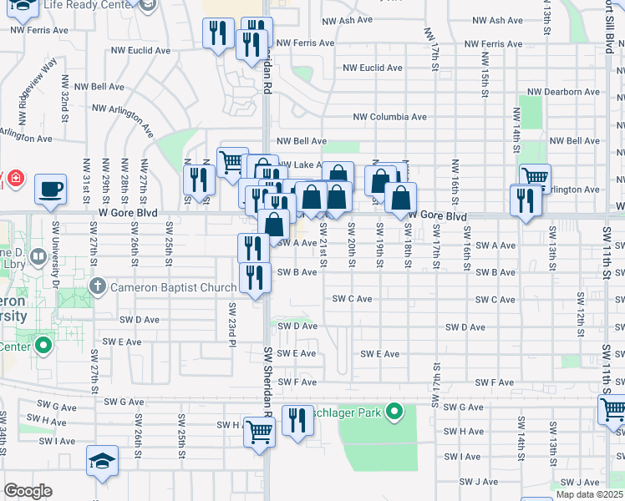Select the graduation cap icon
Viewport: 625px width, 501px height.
[x=102, y=460]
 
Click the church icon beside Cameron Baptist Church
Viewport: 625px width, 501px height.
[x=98, y=287]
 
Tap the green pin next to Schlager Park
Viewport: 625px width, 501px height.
[x=396, y=412]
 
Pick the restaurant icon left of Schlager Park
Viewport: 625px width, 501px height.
[x=297, y=421]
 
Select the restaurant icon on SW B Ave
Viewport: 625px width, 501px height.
[x=255, y=277]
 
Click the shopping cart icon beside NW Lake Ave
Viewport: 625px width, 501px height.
[x=232, y=162]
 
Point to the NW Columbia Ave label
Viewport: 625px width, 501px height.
[x=389, y=118]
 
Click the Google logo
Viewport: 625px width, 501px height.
[x=28, y=491]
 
